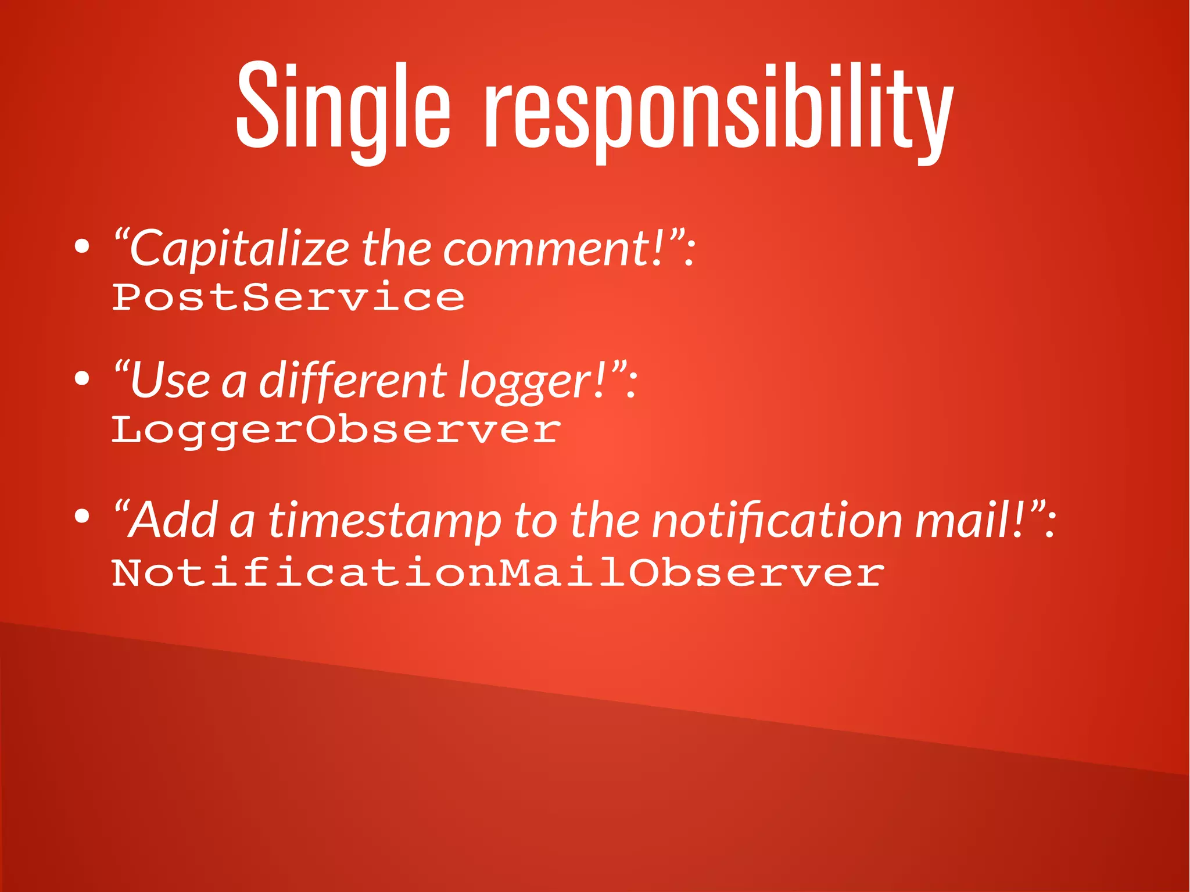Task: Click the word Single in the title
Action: (x=343, y=108)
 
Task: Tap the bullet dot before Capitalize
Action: (x=83, y=247)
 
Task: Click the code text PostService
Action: (x=288, y=298)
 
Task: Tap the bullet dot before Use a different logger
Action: (x=83, y=379)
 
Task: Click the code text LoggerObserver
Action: (x=336, y=431)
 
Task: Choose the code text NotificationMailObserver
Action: (x=498, y=573)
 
